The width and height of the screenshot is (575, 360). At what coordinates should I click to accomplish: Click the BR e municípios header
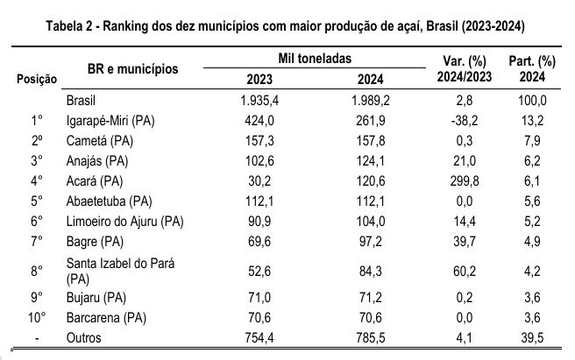pos(132,68)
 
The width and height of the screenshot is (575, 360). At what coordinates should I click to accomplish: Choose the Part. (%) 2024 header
pos(533,69)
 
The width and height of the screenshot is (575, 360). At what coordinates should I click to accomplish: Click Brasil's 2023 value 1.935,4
pos(259,101)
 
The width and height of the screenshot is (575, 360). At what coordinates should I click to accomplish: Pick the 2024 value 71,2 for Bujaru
pos(371,300)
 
